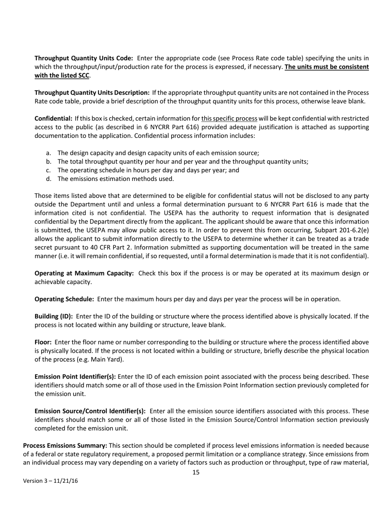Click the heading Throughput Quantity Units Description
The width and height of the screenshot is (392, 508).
tap(92, 93)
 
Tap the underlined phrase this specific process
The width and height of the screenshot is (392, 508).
tap(229, 119)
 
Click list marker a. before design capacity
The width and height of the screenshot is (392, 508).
tap(49, 153)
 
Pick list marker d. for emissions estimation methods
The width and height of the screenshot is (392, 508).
tap(49, 179)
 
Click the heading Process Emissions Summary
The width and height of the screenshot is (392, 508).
tap(65, 445)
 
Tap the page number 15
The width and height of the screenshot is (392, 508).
tap(196, 472)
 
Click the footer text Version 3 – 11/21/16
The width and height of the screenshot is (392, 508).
tap(50, 481)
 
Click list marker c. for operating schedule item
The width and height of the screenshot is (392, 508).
tap(49, 170)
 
